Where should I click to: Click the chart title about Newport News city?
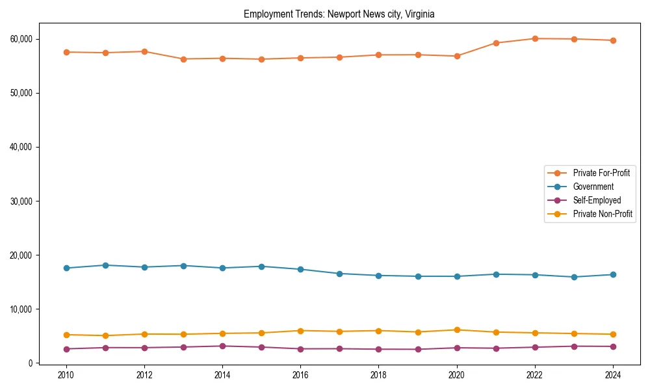click(x=339, y=14)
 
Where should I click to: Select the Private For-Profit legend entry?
click(x=601, y=173)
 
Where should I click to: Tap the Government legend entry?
click(x=593, y=187)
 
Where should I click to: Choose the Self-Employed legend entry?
click(x=597, y=200)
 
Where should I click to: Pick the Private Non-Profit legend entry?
click(x=603, y=214)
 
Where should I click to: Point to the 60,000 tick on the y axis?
click(x=22, y=39)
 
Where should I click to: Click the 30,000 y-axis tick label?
click(x=22, y=201)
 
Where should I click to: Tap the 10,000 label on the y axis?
click(x=22, y=309)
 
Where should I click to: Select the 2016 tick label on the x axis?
click(x=300, y=374)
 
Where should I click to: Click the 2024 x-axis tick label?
click(x=613, y=374)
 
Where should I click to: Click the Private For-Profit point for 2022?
click(x=535, y=38)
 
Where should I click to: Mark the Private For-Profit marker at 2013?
click(x=183, y=59)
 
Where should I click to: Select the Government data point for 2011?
click(x=105, y=265)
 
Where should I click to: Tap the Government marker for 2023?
click(x=574, y=277)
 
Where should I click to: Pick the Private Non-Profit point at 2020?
click(x=457, y=330)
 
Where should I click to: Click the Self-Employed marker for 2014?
click(x=222, y=346)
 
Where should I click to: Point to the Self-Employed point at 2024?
click(x=613, y=346)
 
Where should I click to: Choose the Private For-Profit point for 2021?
click(x=496, y=43)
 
